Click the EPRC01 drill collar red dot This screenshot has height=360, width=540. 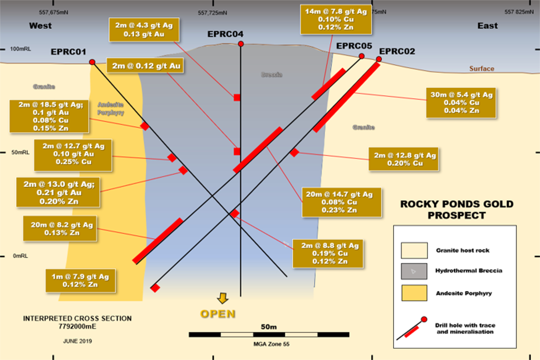coord(92,62)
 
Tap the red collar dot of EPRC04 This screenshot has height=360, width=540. coord(241,44)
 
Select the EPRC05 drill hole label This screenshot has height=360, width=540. coord(354,46)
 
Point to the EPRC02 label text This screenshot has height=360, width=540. coord(397,51)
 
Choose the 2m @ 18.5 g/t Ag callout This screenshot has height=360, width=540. coord(49,116)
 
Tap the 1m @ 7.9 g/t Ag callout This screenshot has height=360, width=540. coord(81,280)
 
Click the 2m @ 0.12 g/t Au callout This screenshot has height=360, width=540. coord(145,66)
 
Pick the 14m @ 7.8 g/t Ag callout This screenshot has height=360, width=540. coord(336,19)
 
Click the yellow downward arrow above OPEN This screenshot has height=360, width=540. coord(223,298)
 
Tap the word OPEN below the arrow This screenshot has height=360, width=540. coord(218,314)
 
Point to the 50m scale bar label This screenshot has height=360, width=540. coord(269,327)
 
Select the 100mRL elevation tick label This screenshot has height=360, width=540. coord(21,49)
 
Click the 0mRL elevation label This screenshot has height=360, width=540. coord(21,256)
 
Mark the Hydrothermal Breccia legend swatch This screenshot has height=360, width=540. coord(414,271)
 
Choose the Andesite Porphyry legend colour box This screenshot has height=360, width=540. coord(414,293)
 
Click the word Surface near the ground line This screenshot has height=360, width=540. coord(481,69)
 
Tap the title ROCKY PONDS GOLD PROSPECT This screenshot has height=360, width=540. coord(457,210)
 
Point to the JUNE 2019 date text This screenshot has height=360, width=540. coord(77,341)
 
